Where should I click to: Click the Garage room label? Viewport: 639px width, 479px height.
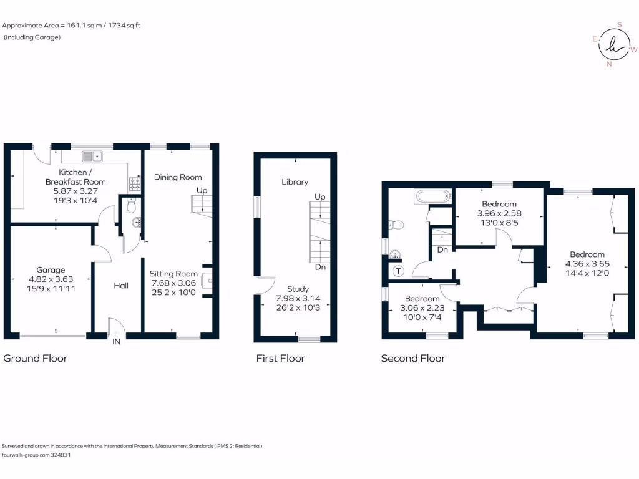click(50, 270)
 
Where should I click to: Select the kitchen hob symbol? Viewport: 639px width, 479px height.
click(134, 184)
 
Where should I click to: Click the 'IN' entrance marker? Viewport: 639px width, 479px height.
click(116, 342)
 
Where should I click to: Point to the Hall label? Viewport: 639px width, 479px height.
click(121, 285)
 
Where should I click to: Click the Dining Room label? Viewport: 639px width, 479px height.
click(178, 177)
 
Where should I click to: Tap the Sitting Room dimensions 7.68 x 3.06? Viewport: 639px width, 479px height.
click(173, 283)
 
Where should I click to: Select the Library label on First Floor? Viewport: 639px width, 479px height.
click(295, 182)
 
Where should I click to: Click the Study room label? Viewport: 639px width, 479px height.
click(298, 289)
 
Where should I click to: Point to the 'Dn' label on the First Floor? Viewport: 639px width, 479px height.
click(320, 267)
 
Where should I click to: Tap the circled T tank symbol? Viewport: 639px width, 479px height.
click(398, 271)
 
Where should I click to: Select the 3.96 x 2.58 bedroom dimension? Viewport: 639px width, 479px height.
click(499, 213)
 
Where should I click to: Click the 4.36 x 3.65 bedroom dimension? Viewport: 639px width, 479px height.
click(587, 263)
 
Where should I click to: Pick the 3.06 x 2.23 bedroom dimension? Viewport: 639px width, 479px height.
click(422, 307)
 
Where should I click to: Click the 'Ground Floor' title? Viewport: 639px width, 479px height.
click(36, 358)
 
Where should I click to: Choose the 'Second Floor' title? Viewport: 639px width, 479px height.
click(413, 358)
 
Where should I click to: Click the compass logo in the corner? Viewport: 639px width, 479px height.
click(615, 44)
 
